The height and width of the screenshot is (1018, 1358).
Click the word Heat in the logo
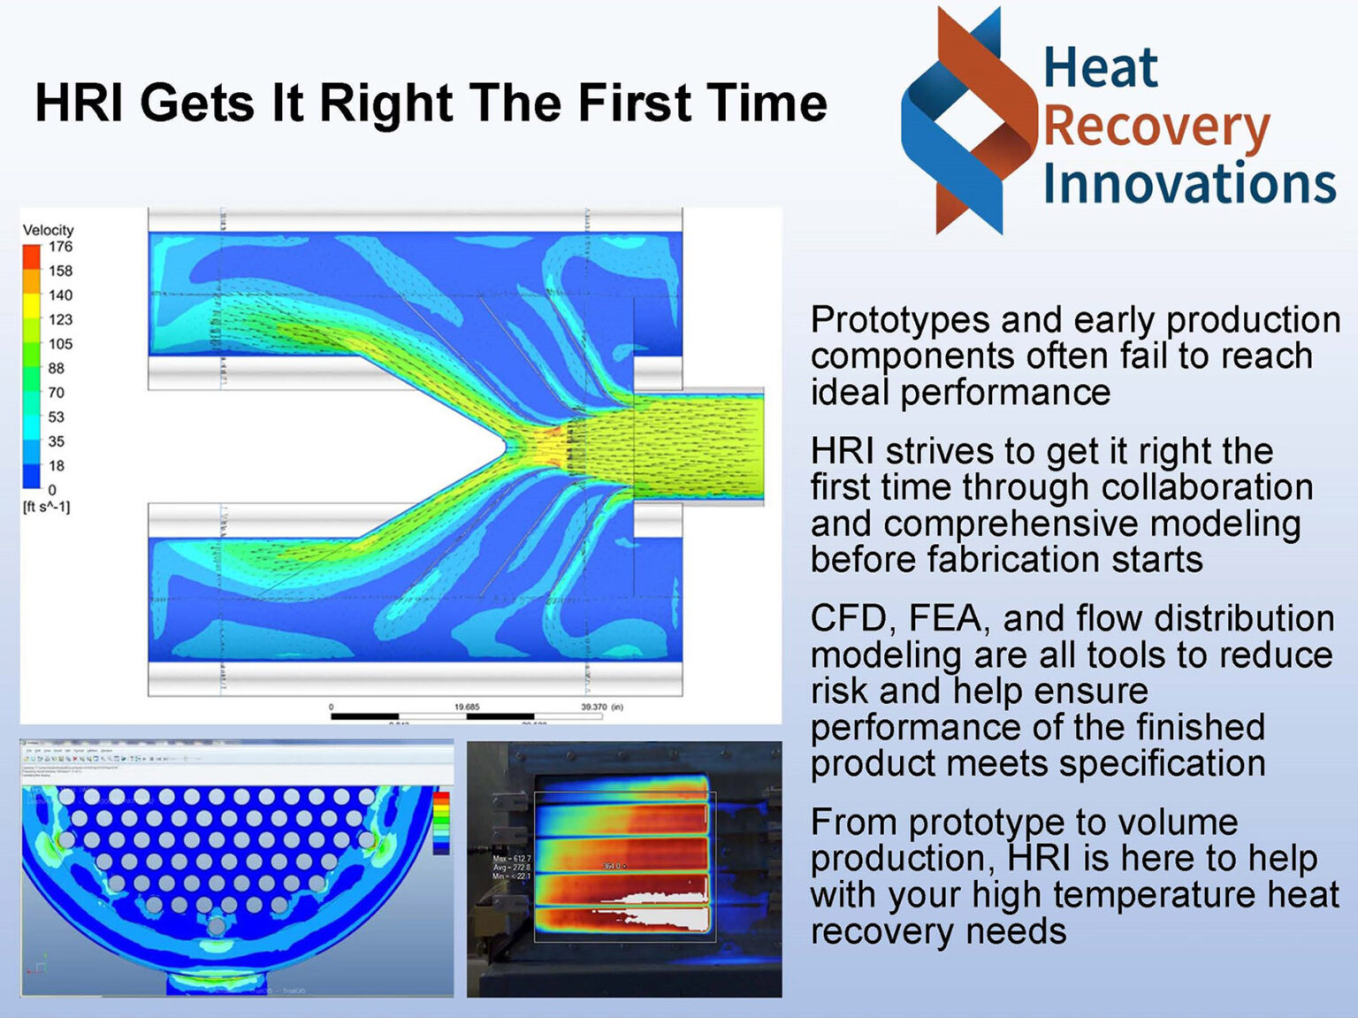[x=1100, y=68]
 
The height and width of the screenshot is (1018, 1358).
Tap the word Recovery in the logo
[x=1156, y=127]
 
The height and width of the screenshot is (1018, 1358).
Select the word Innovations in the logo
[x=1189, y=183]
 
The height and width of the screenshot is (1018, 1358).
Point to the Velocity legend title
[x=48, y=230]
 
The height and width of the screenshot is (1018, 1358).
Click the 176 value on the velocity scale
[x=60, y=247]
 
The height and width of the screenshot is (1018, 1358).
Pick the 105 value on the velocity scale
[x=60, y=344]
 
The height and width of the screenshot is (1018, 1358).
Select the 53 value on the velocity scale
[x=56, y=417]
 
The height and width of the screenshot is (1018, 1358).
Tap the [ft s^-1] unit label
[x=46, y=507]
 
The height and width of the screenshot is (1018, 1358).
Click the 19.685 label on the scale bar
[x=467, y=707]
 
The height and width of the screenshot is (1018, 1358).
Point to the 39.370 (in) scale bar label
[x=601, y=707]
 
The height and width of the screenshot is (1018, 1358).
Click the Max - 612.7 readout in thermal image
[x=512, y=859]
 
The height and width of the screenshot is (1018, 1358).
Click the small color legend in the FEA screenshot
[x=440, y=822]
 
